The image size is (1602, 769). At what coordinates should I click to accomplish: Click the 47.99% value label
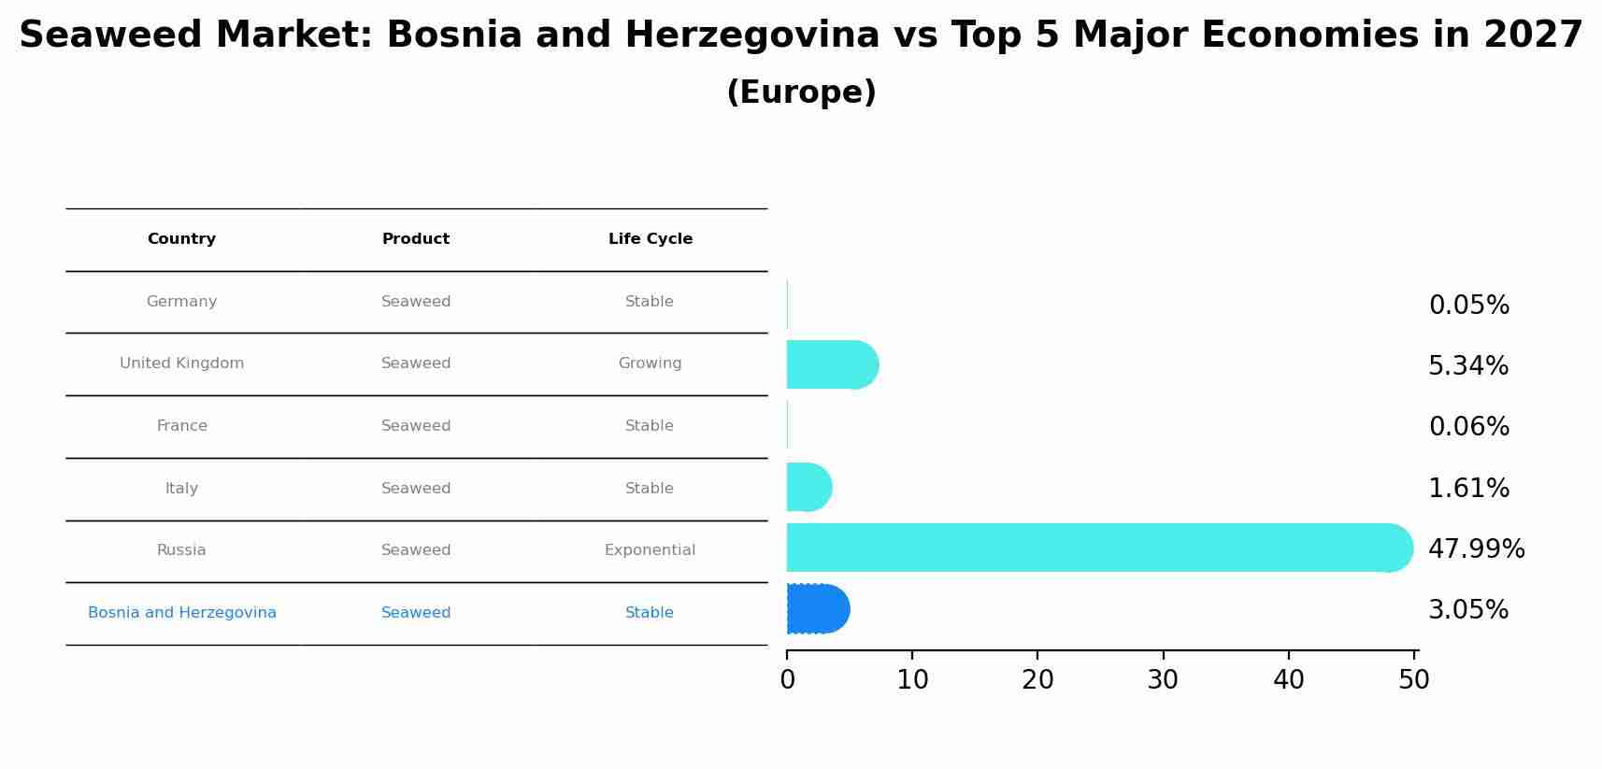(x=1476, y=548)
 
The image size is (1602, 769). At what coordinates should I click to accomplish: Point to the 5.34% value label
(x=1467, y=365)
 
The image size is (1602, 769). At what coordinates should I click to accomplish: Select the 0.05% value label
(x=1468, y=305)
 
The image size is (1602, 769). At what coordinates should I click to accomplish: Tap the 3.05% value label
(x=1467, y=609)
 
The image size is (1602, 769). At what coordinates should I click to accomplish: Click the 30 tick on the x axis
(x=1163, y=680)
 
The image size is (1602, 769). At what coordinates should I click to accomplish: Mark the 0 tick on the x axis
(x=787, y=680)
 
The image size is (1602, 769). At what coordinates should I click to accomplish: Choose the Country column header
(x=181, y=239)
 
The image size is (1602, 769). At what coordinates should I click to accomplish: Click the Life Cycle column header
(x=650, y=239)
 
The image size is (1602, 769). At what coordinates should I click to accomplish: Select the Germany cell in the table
(x=181, y=302)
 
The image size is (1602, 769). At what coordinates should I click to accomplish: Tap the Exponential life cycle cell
(x=650, y=550)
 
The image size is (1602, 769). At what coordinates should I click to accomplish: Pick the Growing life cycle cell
(x=650, y=363)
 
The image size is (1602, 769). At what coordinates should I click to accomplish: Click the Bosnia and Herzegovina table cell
(x=181, y=613)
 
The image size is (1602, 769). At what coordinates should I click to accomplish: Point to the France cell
(x=181, y=426)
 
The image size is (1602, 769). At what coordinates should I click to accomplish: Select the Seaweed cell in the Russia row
(x=416, y=550)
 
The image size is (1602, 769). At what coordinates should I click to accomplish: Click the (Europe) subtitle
(x=801, y=93)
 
